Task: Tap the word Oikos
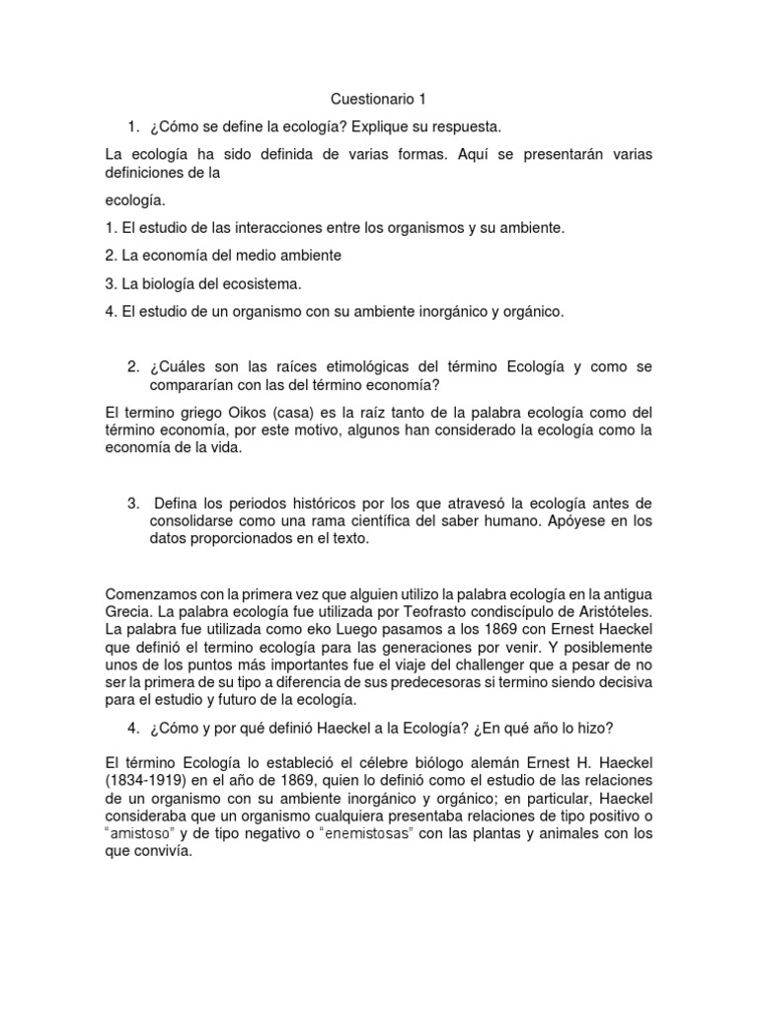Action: click(233, 412)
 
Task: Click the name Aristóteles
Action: click(611, 611)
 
